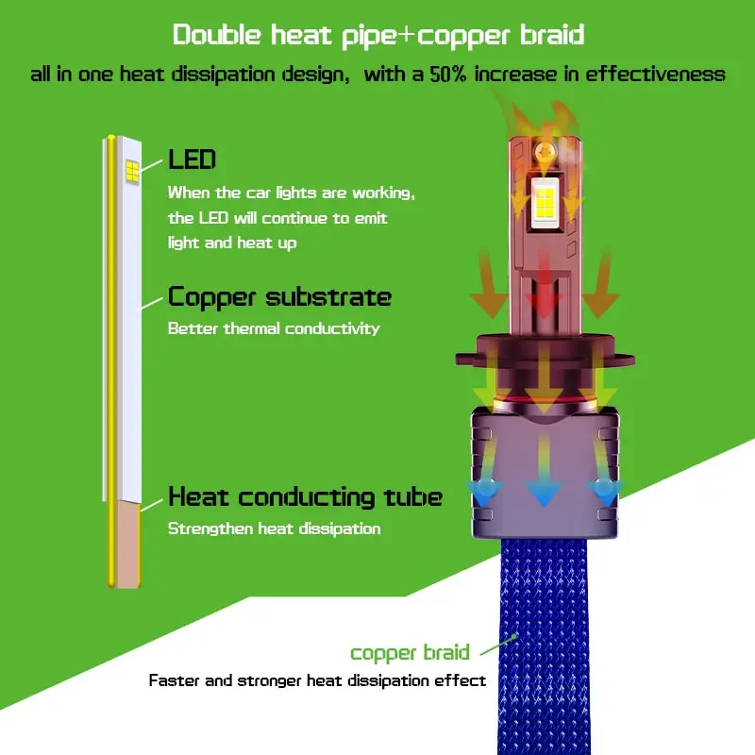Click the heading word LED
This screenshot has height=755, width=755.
click(192, 159)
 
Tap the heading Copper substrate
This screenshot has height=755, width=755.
click(279, 297)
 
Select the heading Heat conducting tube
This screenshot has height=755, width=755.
click(305, 496)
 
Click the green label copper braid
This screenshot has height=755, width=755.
click(410, 653)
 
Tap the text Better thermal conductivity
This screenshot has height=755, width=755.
click(274, 328)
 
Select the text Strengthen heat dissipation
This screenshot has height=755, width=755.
click(274, 528)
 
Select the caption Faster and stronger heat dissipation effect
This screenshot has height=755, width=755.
click(317, 680)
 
